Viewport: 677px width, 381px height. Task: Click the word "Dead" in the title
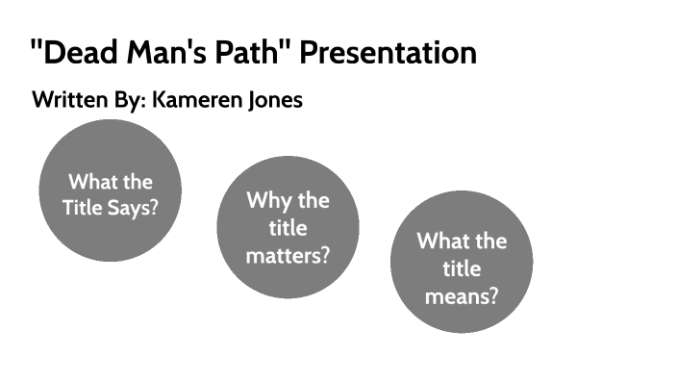click(77, 53)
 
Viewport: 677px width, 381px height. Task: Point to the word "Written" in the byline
click(67, 100)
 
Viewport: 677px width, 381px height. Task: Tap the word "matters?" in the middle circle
click(288, 256)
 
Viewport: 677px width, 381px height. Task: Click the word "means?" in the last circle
click(462, 295)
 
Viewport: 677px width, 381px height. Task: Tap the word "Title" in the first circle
click(85, 207)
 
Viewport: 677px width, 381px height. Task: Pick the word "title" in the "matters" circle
click(288, 229)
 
